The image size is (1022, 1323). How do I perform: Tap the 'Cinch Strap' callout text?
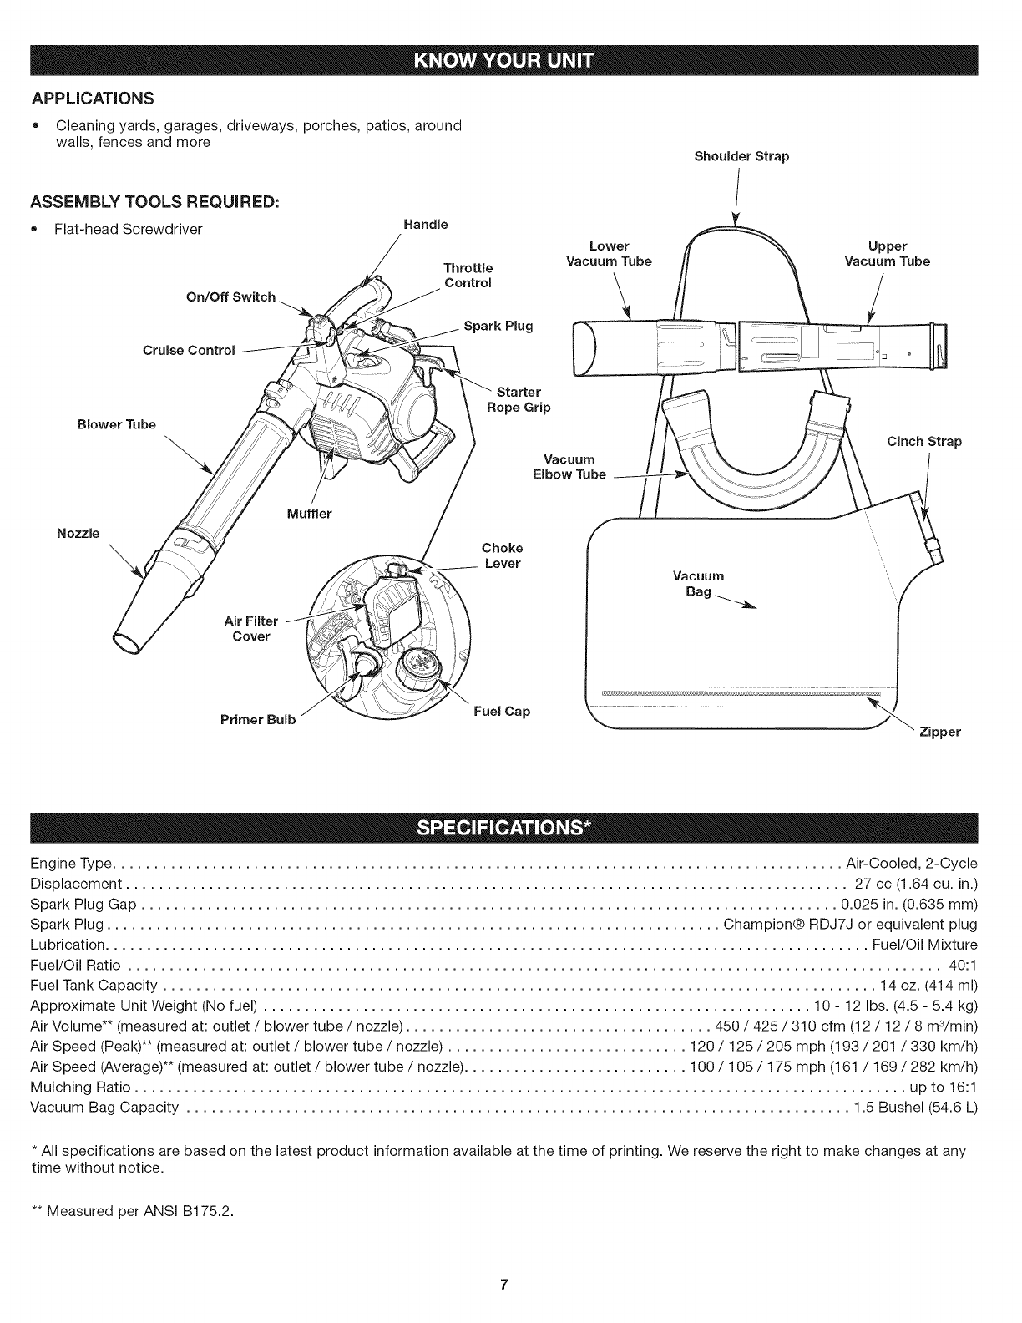point(923,441)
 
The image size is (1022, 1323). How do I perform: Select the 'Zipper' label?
point(939,732)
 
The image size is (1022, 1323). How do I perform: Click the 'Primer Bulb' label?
point(259,720)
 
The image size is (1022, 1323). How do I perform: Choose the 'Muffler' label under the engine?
point(309,514)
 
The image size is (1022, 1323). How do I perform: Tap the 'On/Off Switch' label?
point(231,297)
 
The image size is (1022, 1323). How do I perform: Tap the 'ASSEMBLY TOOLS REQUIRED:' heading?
point(154,203)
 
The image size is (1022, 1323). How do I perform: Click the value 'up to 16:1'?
point(943,1087)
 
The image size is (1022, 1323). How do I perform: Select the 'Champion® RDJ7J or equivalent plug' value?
point(850,925)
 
